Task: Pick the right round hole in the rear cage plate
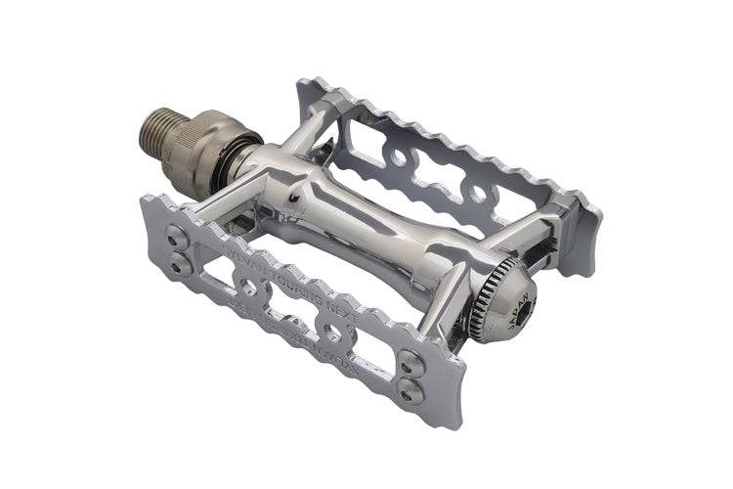point(477,195)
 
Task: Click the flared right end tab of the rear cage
point(586,235)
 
